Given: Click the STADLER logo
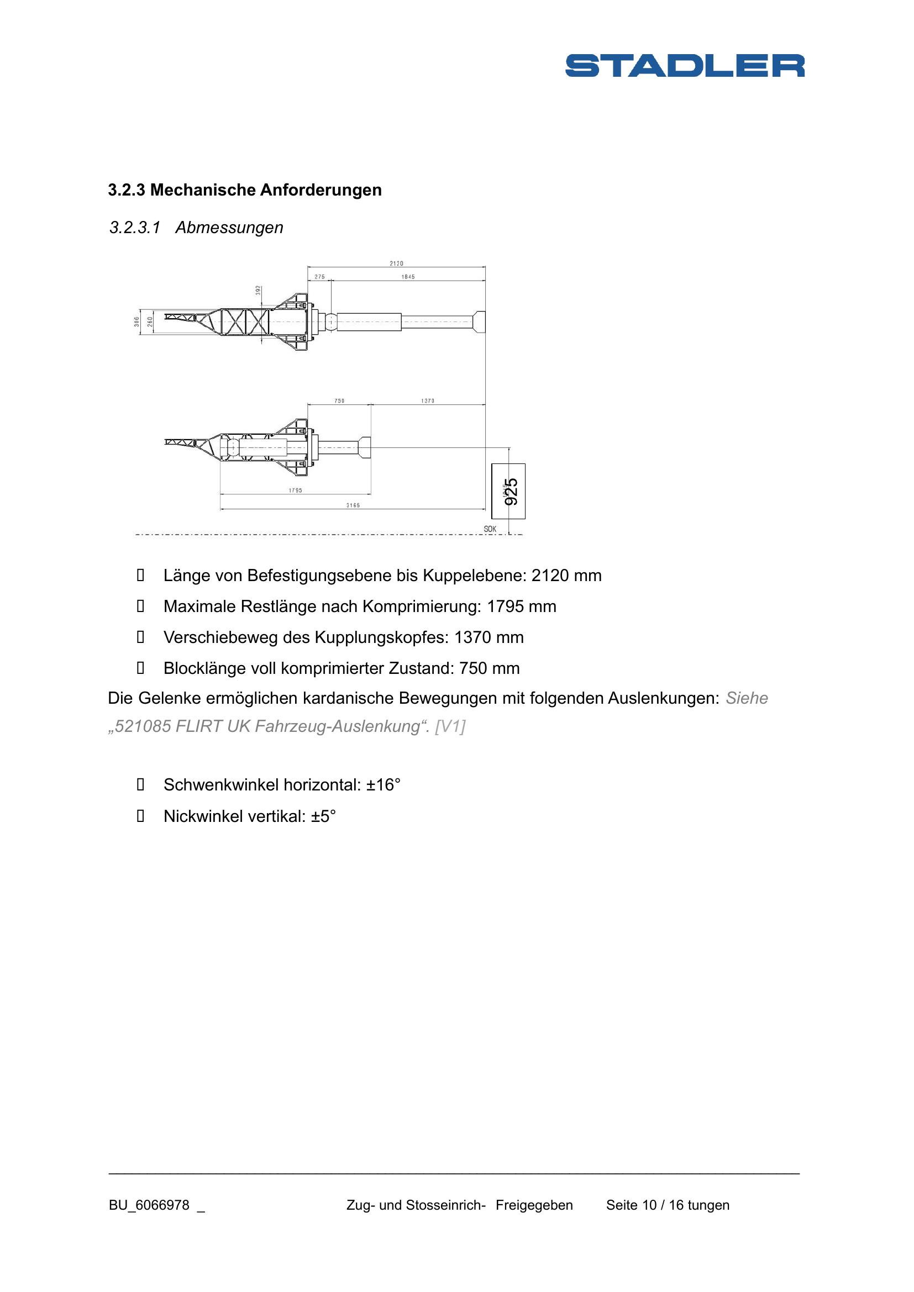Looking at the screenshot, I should pyautogui.click(x=684, y=66).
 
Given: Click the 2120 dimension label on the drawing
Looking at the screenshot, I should pyautogui.click(x=396, y=263).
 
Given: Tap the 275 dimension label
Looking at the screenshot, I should pyautogui.click(x=319, y=277).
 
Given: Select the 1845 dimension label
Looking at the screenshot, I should pyautogui.click(x=408, y=277).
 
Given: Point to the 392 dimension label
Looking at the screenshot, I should pyautogui.click(x=258, y=291).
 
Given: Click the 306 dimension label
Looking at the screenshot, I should pyautogui.click(x=136, y=322).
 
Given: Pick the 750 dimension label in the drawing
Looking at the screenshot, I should pyautogui.click(x=339, y=401).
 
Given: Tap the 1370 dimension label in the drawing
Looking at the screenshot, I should pyautogui.click(x=428, y=401).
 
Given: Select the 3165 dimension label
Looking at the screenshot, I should pyautogui.click(x=353, y=505).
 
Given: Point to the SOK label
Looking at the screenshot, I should pyautogui.click(x=490, y=529).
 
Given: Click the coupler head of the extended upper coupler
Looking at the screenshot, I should pyautogui.click(x=480, y=322).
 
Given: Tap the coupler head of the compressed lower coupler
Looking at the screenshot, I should pyautogui.click(x=365, y=447).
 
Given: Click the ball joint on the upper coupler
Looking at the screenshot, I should pyautogui.click(x=330, y=322).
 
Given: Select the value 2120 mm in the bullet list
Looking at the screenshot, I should pyautogui.click(x=566, y=576).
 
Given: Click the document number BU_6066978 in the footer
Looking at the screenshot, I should pyautogui.click(x=149, y=1205).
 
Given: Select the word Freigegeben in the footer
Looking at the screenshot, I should pyautogui.click(x=534, y=1205).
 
